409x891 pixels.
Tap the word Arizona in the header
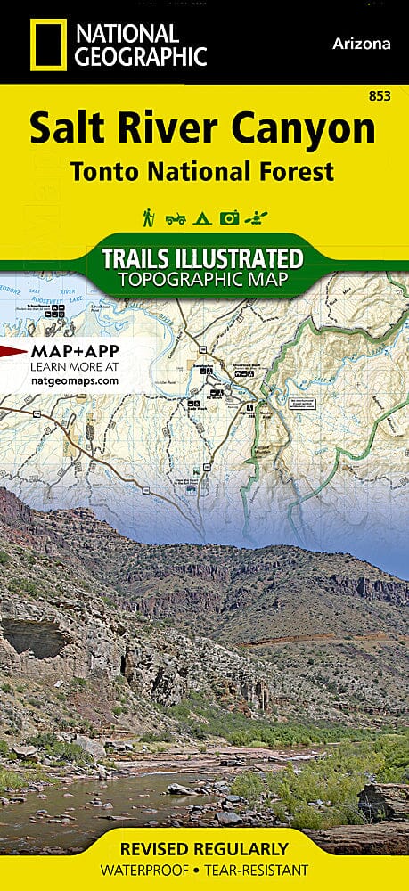pyautogui.click(x=362, y=43)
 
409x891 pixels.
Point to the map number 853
pyautogui.click(x=380, y=95)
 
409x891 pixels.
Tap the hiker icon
pyautogui.click(x=148, y=217)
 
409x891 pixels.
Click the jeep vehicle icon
pyautogui.click(x=175, y=217)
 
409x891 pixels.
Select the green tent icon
pyautogui.click(x=202, y=217)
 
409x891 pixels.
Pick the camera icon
pyautogui.click(x=230, y=217)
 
